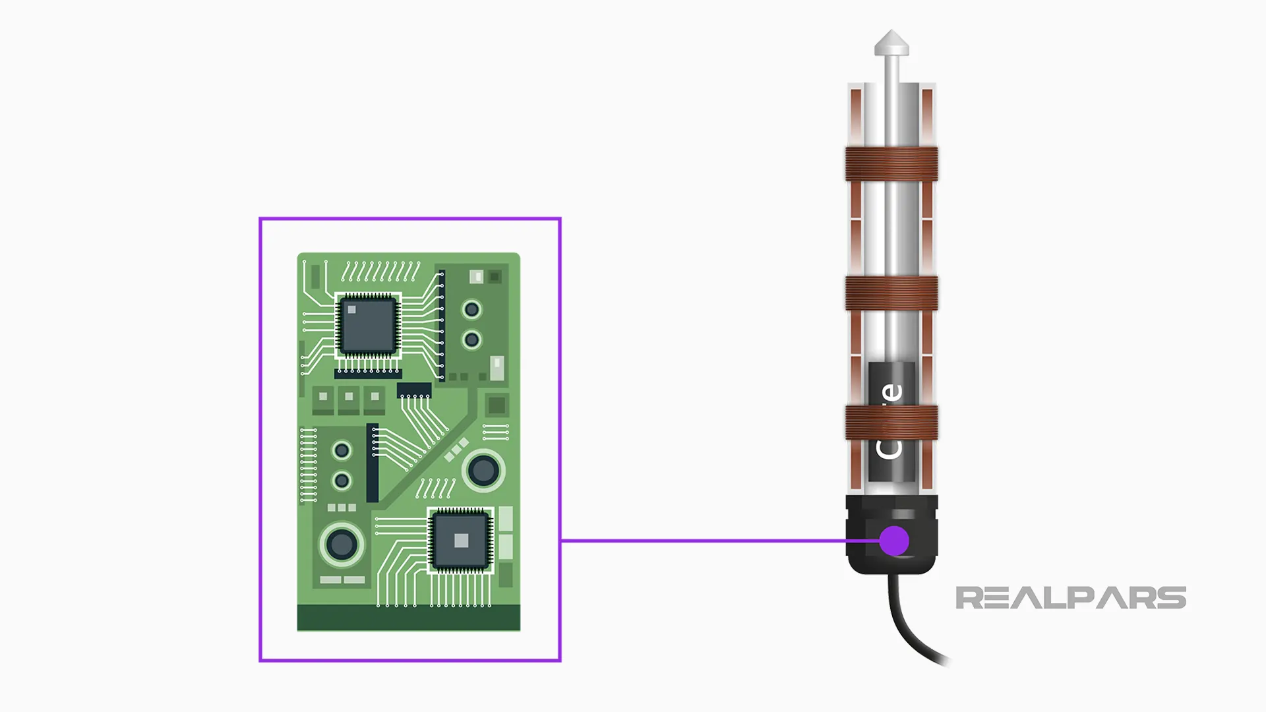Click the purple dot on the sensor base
894,541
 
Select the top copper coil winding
891,163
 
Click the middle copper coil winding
891,293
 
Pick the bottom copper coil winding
891,423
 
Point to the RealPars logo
1070,598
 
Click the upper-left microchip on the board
368,325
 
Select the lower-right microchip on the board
461,541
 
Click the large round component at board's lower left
342,545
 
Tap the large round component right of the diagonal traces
483,470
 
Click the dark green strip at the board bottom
408,618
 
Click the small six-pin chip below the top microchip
414,390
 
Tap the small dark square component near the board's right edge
497,405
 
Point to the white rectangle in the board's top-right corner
476,277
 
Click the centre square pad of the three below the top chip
349,397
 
